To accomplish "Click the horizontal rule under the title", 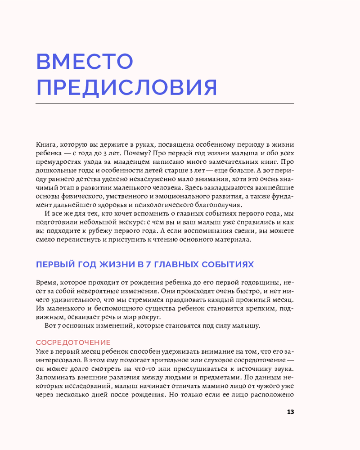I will coord(164,103).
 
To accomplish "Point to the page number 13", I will coord(290,412).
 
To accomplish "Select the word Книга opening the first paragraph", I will coord(46,144).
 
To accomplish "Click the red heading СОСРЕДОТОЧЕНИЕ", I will coord(73,342).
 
